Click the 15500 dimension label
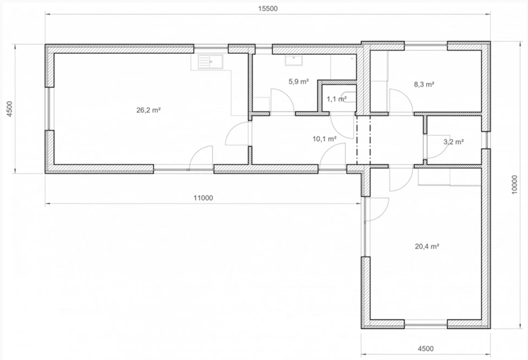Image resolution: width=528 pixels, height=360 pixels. pos(268,8)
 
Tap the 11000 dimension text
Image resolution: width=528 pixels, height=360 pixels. pos(203,198)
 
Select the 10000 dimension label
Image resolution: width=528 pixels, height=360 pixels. pos(514,184)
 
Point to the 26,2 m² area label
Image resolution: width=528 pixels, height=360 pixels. pos(149,110)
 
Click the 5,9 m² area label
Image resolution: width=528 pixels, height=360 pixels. pos(299,81)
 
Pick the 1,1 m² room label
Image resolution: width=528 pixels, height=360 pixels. pos(337,99)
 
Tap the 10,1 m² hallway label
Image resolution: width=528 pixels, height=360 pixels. pos(325,139)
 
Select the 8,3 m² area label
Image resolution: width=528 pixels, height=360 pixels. pos(424,84)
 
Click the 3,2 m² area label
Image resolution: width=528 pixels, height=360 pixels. pos(453,142)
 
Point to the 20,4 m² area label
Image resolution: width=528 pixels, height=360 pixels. pos(427,246)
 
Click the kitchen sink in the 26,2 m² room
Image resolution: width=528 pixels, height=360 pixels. pos(210,62)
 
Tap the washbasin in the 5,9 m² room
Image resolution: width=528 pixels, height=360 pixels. pos(294,61)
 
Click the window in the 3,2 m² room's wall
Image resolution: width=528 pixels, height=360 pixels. pos(486,140)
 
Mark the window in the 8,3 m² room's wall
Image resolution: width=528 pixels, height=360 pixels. pos(425,44)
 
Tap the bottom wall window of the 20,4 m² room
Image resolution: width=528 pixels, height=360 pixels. pos(425,325)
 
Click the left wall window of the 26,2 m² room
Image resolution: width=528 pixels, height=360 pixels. pos(49,108)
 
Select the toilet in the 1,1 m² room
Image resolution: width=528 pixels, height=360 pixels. pos(350,96)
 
